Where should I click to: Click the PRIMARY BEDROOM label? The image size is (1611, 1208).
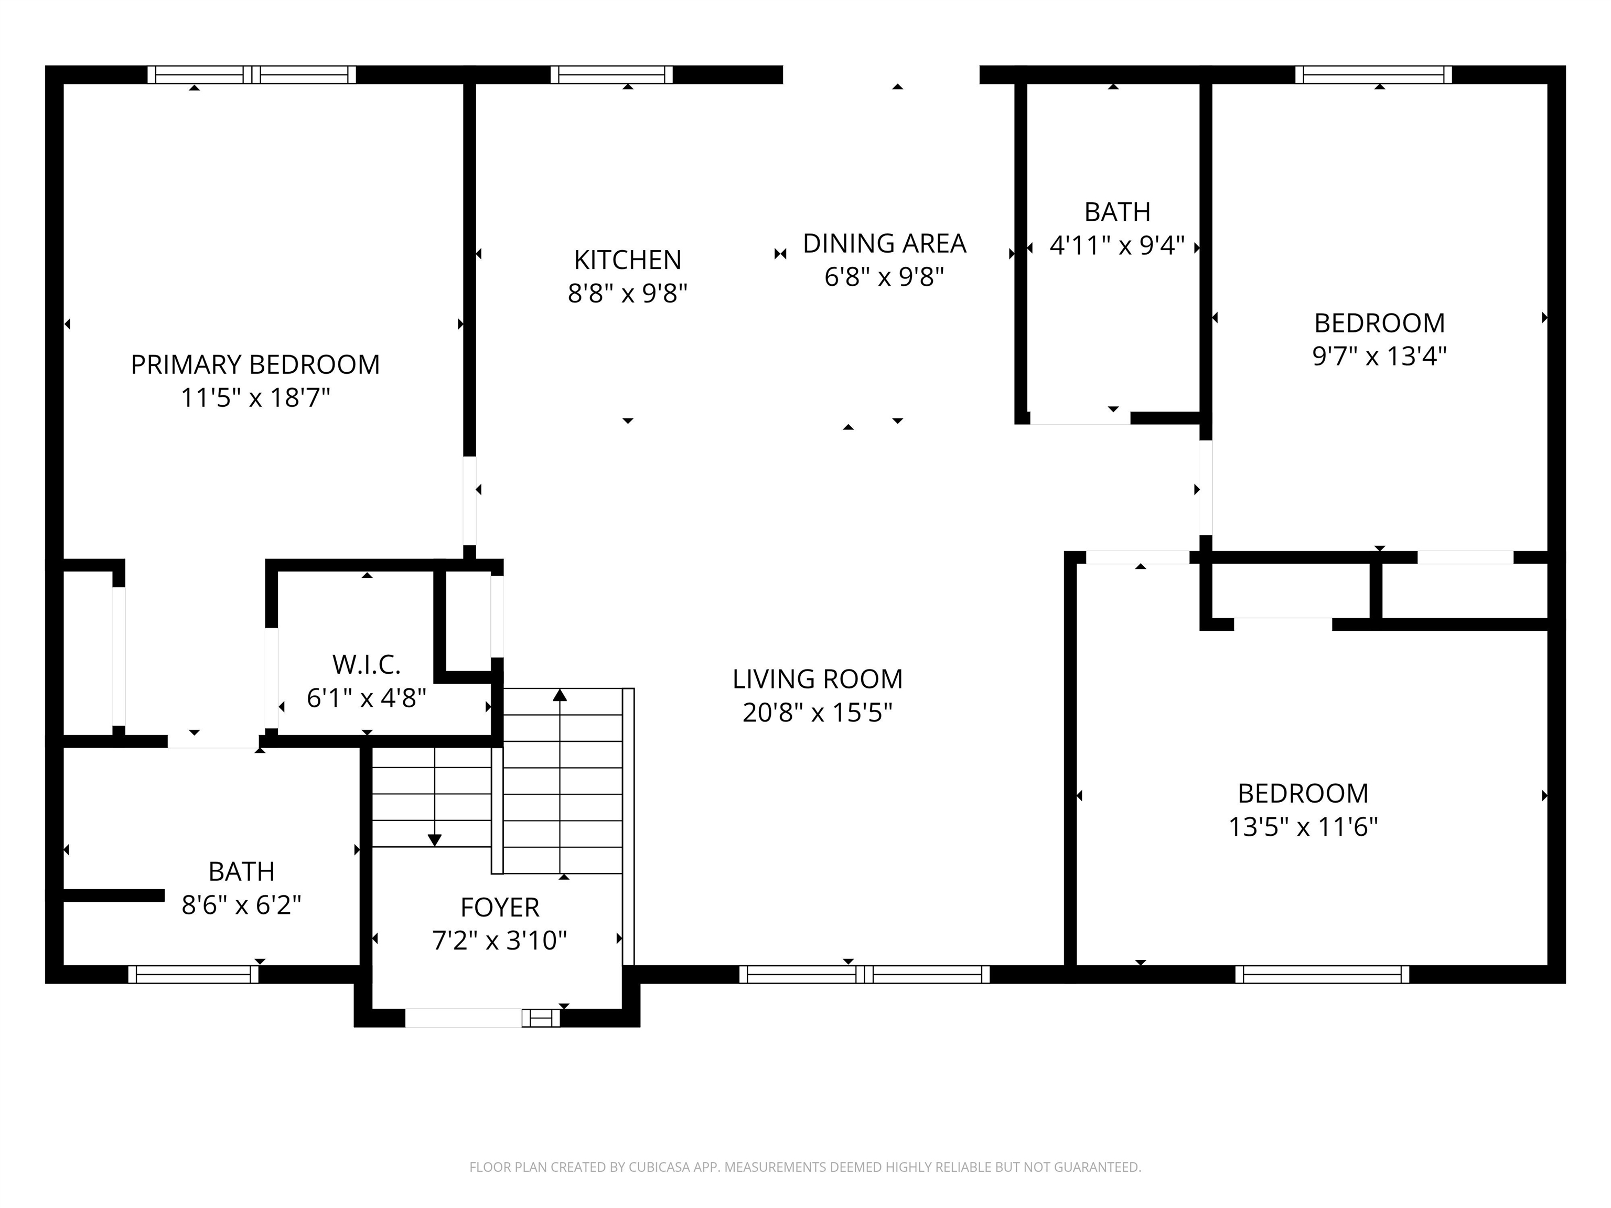255,364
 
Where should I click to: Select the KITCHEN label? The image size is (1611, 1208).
627,260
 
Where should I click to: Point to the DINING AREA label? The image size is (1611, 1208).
884,243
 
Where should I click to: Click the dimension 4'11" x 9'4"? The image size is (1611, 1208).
1116,246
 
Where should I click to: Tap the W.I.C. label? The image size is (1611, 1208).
367,664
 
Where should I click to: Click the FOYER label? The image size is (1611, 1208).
500,907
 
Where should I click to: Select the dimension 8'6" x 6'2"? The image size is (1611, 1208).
241,905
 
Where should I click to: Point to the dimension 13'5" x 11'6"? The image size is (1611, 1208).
1303,827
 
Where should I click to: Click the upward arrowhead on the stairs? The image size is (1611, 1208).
560,695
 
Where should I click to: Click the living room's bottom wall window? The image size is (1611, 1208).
864,974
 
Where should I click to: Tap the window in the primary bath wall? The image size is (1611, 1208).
193,974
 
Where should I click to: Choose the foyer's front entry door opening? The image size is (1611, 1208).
464,1017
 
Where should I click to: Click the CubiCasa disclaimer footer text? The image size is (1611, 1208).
805,1167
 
